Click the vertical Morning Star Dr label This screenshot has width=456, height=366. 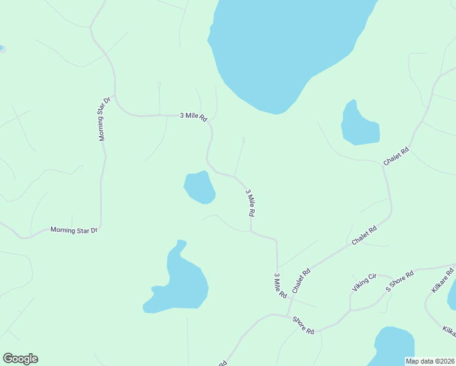(x=105, y=118)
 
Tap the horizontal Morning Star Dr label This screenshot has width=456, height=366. (x=74, y=230)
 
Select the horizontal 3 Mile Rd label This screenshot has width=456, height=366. (x=193, y=117)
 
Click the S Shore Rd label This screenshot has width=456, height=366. (x=400, y=280)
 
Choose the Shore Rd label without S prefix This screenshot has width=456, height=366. (x=303, y=325)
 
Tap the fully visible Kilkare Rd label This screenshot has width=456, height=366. (x=443, y=279)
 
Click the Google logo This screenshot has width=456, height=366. (x=20, y=359)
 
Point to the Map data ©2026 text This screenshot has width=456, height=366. (x=430, y=361)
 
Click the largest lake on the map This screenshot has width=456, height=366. (x=287, y=49)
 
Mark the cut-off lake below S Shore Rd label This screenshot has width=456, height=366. (x=393, y=346)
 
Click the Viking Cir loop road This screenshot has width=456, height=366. (x=372, y=296)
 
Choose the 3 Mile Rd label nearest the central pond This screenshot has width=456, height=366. (x=249, y=203)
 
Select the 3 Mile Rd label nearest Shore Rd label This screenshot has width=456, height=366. (x=280, y=285)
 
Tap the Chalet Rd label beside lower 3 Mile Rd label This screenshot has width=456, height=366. (x=301, y=280)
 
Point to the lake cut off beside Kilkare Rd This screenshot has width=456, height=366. (x=452, y=296)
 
